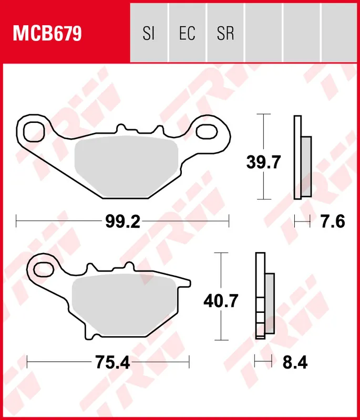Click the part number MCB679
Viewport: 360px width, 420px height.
click(x=47, y=34)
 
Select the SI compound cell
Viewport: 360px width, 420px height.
click(x=149, y=34)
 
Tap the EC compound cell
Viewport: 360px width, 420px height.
click(x=187, y=34)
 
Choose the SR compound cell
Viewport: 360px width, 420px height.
click(x=225, y=34)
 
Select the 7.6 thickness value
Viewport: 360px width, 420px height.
click(x=332, y=222)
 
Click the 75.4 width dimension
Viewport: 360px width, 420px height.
click(x=112, y=362)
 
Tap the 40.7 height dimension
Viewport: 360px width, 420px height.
click(x=221, y=301)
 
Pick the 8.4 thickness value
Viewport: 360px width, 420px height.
click(x=294, y=362)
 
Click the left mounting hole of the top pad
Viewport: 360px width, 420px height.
click(x=34, y=129)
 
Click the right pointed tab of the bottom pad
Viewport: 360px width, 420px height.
click(x=184, y=283)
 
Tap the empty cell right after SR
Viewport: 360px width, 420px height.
click(x=264, y=34)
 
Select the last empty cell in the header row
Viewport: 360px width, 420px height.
click(x=340, y=34)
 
